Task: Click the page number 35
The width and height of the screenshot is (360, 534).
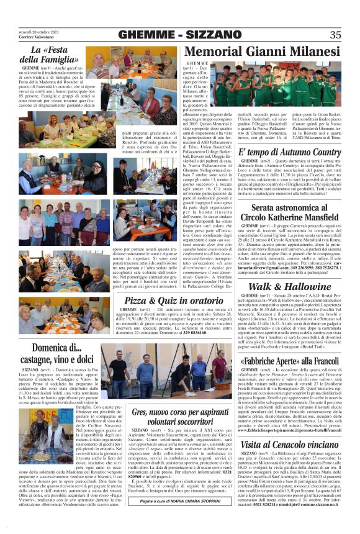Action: [x=335, y=35]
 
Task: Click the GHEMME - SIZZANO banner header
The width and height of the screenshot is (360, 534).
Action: [x=179, y=35]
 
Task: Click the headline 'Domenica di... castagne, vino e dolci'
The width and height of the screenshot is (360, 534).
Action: [x=56, y=353]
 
